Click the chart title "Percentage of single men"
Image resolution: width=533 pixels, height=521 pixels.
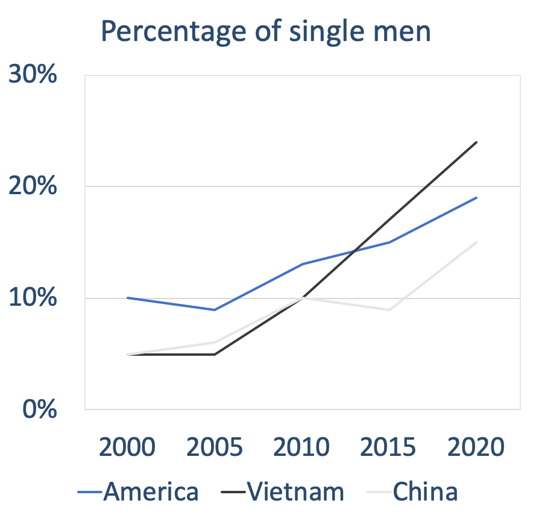tap(266, 31)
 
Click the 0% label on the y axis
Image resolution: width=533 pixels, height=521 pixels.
tap(40, 409)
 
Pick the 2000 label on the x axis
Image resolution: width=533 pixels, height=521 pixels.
tap(127, 447)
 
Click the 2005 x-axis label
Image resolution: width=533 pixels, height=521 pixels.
tap(215, 447)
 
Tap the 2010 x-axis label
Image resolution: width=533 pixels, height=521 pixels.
tap(302, 447)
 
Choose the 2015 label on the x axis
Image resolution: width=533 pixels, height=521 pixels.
tap(389, 447)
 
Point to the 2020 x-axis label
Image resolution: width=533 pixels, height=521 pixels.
tap(476, 447)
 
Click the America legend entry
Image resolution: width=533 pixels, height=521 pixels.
tap(139, 492)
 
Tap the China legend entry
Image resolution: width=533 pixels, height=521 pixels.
tap(414, 492)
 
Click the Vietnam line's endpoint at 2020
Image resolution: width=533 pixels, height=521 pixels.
tap(476, 142)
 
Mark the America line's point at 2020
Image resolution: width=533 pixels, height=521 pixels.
tap(476, 198)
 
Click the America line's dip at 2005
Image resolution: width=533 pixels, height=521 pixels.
tap(215, 309)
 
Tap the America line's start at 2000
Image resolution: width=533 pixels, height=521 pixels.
tap(128, 298)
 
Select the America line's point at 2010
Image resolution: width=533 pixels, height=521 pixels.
tap(302, 264)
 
